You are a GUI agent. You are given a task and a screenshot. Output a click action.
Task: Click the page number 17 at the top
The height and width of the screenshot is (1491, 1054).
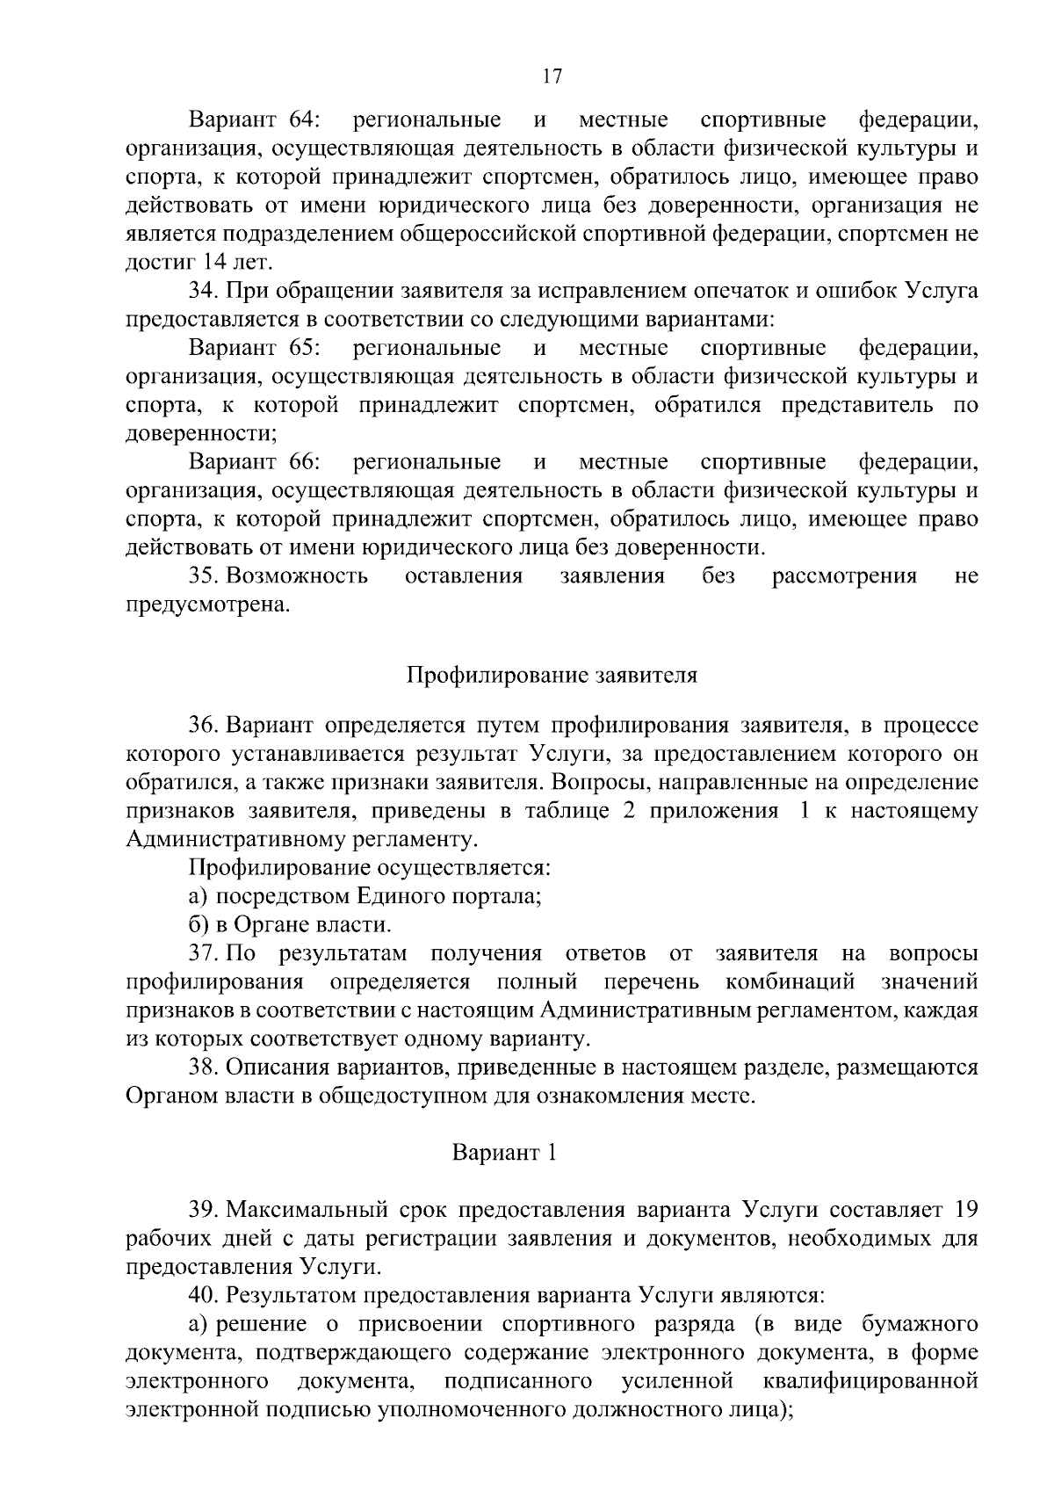[x=552, y=76]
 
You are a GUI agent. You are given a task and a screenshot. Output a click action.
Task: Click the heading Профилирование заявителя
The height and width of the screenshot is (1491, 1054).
[x=552, y=676]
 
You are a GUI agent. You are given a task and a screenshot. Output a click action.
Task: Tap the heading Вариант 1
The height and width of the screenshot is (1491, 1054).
[x=504, y=1152]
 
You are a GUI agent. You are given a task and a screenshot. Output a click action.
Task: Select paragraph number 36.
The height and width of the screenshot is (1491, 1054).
[x=205, y=726]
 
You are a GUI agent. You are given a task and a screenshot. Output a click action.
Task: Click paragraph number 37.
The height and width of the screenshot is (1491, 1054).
[x=205, y=954]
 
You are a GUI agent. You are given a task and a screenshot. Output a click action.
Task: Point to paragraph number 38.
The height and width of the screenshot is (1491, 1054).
[x=205, y=1068]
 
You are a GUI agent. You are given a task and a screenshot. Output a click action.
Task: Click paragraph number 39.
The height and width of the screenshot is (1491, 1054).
[x=205, y=1210]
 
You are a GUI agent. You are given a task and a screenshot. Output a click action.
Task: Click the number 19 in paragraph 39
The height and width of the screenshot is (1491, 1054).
[x=965, y=1210]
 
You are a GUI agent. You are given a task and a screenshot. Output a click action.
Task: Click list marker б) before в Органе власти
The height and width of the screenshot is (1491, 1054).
[x=198, y=925]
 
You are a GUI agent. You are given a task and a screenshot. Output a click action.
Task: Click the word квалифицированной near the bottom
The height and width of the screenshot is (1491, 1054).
[x=870, y=1381]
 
